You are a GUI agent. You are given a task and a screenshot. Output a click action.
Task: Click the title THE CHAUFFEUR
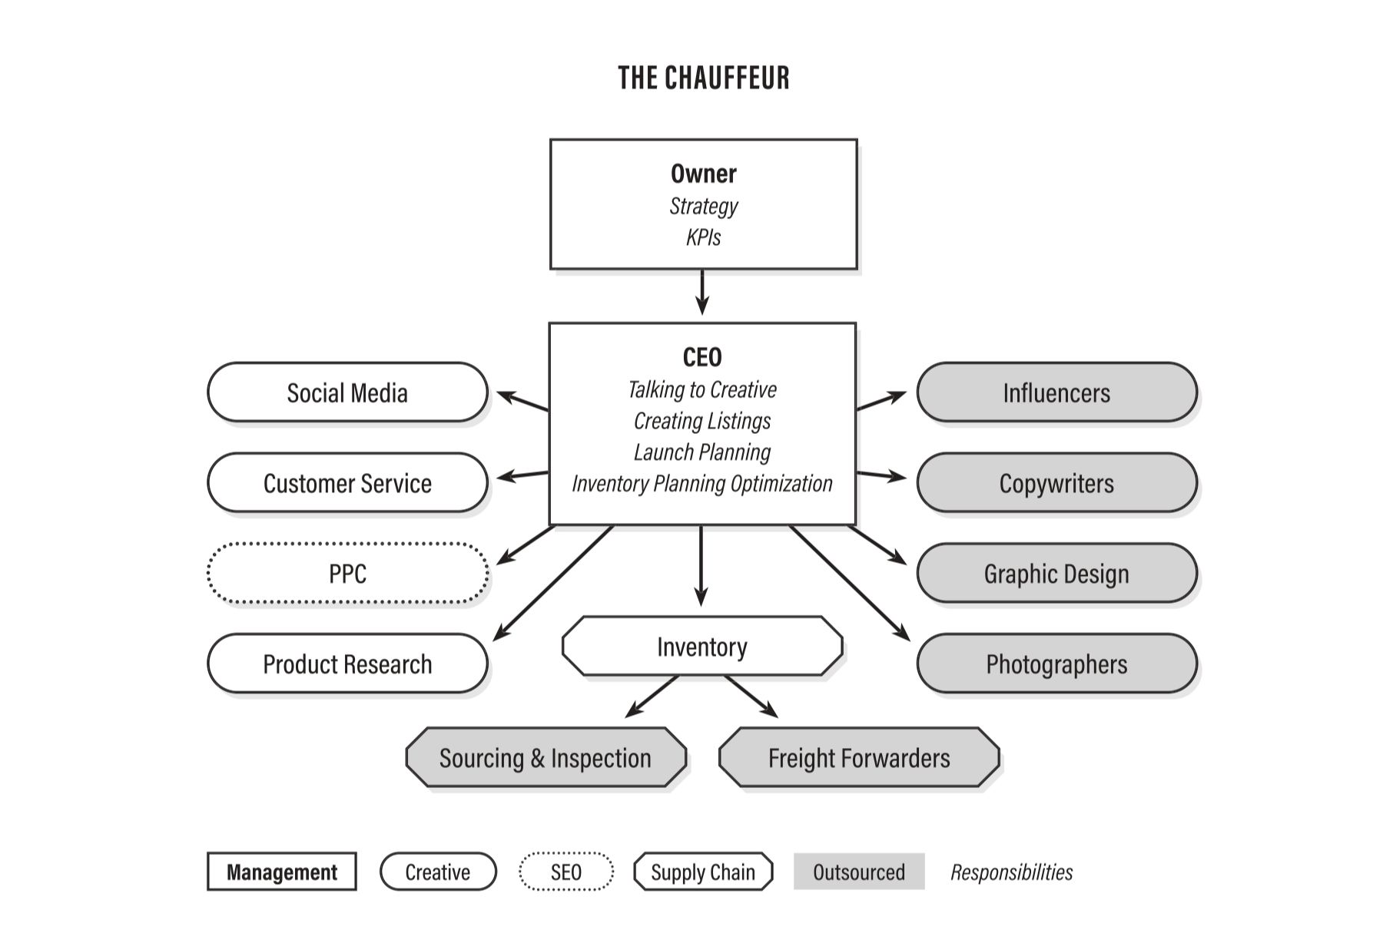pyautogui.click(x=703, y=78)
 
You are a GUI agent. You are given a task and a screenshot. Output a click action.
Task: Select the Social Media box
pyautogui.click(x=347, y=392)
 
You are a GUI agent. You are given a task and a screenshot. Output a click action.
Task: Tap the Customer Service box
pyautogui.click(x=347, y=483)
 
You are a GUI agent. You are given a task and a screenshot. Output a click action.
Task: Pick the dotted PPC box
pyautogui.click(x=347, y=574)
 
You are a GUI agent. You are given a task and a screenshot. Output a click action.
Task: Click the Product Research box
pyautogui.click(x=347, y=664)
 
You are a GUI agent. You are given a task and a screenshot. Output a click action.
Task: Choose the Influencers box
pyautogui.click(x=1056, y=392)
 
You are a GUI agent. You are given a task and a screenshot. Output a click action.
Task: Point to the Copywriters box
pyautogui.click(x=1056, y=483)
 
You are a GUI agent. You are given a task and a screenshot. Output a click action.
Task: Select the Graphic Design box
pyautogui.click(x=1056, y=574)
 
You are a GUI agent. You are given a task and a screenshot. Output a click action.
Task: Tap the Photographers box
pyautogui.click(x=1056, y=664)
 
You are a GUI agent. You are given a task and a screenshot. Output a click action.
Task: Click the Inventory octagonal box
pyautogui.click(x=702, y=647)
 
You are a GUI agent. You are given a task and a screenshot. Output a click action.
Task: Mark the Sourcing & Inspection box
pyautogui.click(x=546, y=758)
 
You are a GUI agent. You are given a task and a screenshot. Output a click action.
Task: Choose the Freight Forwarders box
pyautogui.click(x=859, y=758)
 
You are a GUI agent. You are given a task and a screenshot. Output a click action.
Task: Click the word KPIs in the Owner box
pyautogui.click(x=703, y=237)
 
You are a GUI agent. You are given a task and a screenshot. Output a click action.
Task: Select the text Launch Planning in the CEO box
pyautogui.click(x=702, y=452)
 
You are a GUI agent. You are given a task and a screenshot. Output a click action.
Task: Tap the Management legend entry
pyautogui.click(x=282, y=872)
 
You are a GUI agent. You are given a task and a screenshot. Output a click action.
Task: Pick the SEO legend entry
pyautogui.click(x=566, y=872)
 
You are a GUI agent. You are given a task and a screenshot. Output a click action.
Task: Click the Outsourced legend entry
pyautogui.click(x=859, y=872)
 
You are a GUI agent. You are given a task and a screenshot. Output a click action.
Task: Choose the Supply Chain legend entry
pyautogui.click(x=703, y=872)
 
